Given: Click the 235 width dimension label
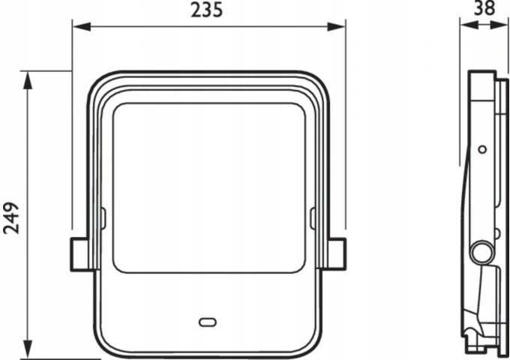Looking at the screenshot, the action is coord(206,10).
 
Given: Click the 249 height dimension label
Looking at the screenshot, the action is coord(11,218).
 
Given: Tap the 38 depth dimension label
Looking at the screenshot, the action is coord(484,7).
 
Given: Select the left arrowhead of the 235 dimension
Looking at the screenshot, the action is coord(82,27).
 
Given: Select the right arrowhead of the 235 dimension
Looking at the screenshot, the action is coord(336,27).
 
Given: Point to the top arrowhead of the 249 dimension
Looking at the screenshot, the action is coord(28,80).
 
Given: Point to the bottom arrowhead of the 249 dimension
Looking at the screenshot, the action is coord(28,349).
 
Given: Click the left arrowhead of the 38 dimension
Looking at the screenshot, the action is coord(469,25).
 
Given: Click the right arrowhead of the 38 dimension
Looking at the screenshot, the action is coord(499,25).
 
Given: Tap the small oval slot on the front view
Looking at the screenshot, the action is coord(208,322).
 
